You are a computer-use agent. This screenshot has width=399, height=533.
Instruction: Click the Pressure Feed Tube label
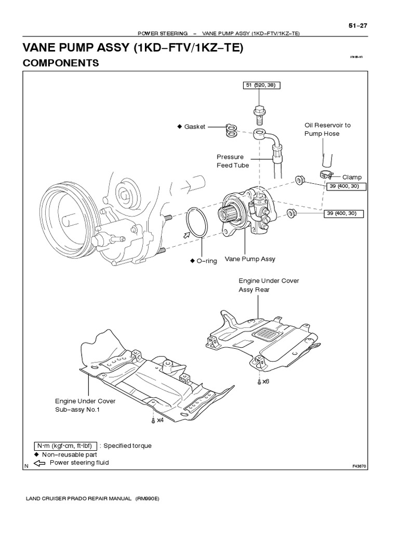(233, 161)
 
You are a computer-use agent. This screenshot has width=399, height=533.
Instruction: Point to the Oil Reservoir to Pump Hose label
(327, 129)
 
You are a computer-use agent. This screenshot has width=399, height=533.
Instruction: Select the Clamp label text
(351, 177)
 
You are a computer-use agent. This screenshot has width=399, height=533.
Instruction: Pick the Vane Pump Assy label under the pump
(250, 259)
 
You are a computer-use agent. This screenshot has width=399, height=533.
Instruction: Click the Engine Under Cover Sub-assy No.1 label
(85, 405)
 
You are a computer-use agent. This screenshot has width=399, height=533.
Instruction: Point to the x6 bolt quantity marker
(265, 381)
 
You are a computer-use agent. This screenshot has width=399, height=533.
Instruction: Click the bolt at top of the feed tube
(258, 112)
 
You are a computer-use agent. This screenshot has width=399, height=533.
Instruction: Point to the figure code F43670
(359, 466)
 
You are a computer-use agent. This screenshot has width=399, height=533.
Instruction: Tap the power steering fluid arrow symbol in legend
(39, 463)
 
